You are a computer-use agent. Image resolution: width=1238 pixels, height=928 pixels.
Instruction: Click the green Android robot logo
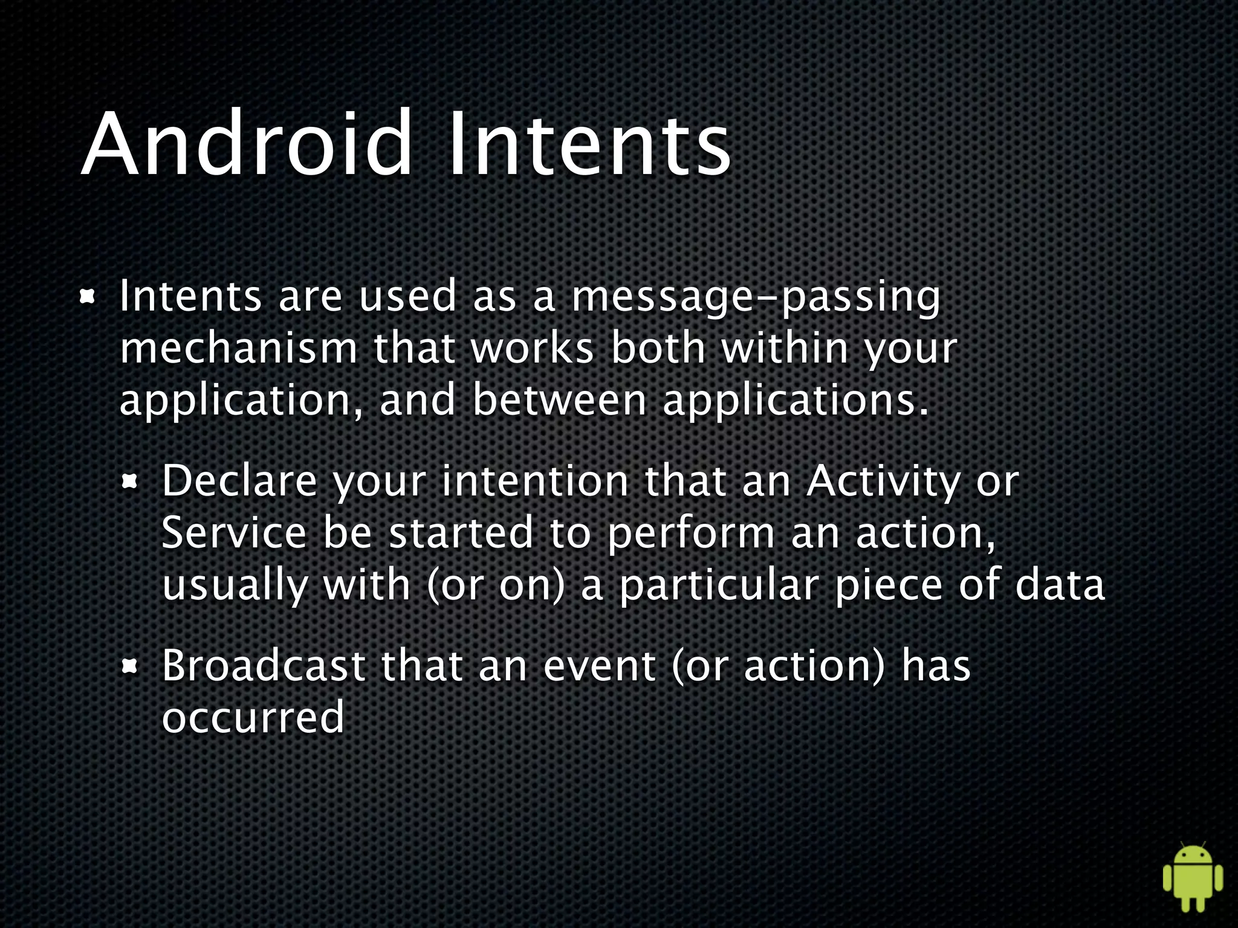pyautogui.click(x=1192, y=876)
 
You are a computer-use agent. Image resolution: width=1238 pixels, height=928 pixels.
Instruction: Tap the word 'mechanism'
pyautogui.click(x=239, y=349)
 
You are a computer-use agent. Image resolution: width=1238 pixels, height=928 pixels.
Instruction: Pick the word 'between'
pyautogui.click(x=559, y=400)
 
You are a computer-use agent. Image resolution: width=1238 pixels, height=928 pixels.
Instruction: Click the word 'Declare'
pyautogui.click(x=239, y=482)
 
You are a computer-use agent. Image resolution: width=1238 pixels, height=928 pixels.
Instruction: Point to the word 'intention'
pyautogui.click(x=535, y=482)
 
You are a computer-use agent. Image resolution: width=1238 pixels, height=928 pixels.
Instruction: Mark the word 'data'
pyautogui.click(x=1059, y=585)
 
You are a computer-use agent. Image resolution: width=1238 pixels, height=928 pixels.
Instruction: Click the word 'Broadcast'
pyautogui.click(x=264, y=666)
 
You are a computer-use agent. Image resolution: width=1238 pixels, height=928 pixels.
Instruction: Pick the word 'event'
pyautogui.click(x=599, y=666)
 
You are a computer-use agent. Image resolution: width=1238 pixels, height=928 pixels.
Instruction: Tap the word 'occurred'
pyautogui.click(x=253, y=717)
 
